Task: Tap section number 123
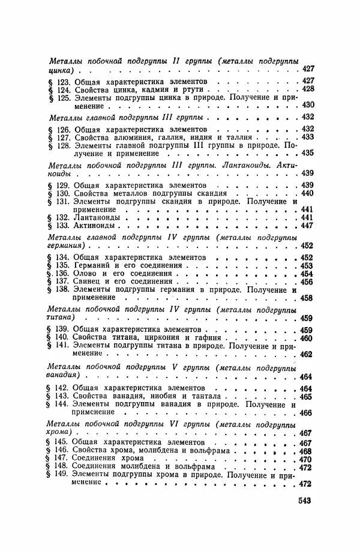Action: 64,80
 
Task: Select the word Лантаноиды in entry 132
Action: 96,217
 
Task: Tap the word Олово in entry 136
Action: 86,274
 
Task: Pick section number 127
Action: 64,137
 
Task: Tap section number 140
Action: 64,338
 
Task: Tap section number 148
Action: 64,467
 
